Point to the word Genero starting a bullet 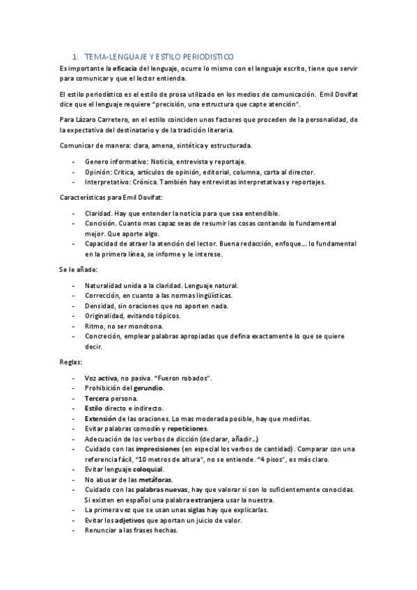(97, 161)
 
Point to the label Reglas (70, 362)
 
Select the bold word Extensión (102, 419)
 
